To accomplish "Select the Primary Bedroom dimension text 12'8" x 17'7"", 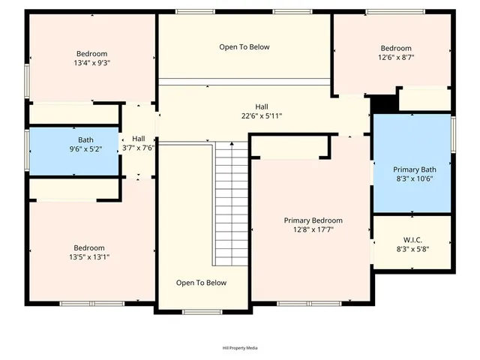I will tap(313, 230).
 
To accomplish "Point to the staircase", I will tap(231, 202).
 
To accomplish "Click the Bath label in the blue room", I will tap(86, 140).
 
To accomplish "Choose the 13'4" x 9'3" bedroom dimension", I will tap(91, 64).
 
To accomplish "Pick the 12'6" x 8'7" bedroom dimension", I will tap(396, 57).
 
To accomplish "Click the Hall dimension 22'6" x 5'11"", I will tap(262, 116).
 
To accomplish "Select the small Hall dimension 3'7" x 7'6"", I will tap(139, 148).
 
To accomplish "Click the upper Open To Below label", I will tap(244, 47).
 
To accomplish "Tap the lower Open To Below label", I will tap(201, 283).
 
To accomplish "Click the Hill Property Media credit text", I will tap(240, 348).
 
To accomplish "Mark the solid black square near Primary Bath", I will tap(385, 103).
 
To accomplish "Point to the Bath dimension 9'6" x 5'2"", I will tap(86, 149).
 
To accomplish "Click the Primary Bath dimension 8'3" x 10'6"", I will tap(415, 178).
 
